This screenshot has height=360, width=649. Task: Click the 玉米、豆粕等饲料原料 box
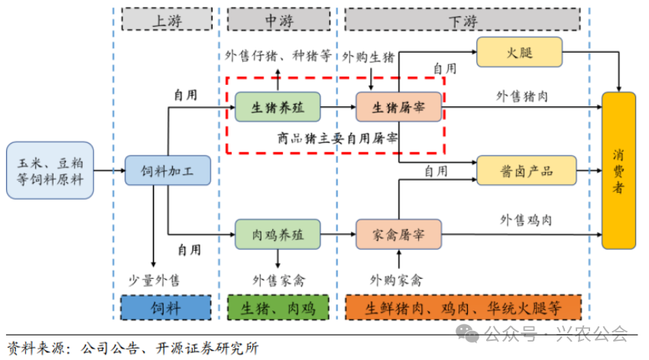pyautogui.click(x=50, y=170)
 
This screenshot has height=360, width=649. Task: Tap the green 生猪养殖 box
pyautogui.click(x=277, y=108)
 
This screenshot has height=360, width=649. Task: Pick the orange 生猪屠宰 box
pyautogui.click(x=398, y=108)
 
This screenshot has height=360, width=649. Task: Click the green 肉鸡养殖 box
pyautogui.click(x=277, y=235)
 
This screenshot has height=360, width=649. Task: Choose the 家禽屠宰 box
pyautogui.click(x=398, y=235)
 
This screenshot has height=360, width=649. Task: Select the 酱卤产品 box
pyautogui.click(x=527, y=170)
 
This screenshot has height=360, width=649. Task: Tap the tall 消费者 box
pyautogui.click(x=618, y=170)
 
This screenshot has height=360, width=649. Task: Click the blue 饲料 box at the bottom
pyautogui.click(x=166, y=308)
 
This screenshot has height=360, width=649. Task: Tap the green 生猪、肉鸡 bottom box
pyautogui.click(x=278, y=308)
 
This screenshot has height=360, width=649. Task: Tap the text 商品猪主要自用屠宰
pyautogui.click(x=337, y=138)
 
